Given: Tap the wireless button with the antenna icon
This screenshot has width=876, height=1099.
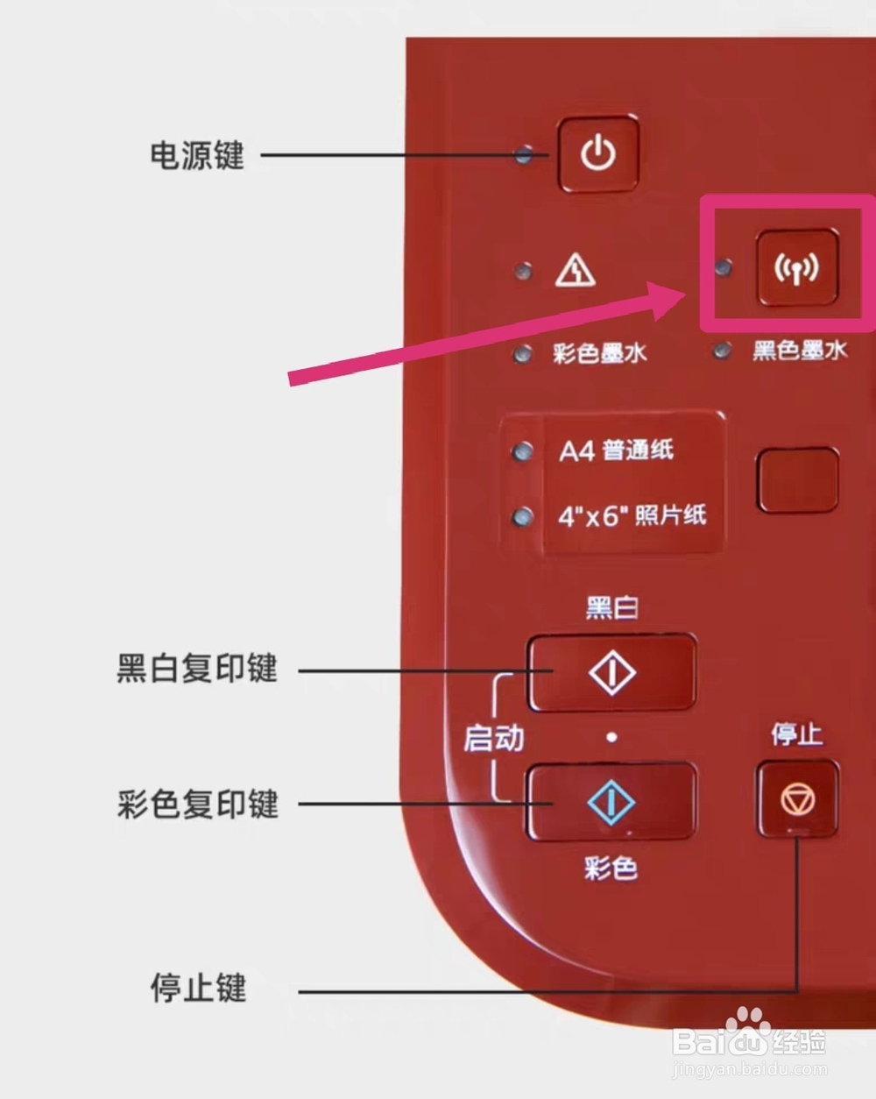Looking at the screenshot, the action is click(x=796, y=268).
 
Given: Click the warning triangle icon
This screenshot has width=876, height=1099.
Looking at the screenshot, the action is click(x=576, y=271).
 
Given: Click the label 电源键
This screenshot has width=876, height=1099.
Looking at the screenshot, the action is click(x=197, y=156).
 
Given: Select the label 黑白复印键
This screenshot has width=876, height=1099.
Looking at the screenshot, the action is click(x=197, y=669).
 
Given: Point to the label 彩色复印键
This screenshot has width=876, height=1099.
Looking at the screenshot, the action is click(x=198, y=804).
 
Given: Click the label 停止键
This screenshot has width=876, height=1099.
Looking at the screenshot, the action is click(x=198, y=989).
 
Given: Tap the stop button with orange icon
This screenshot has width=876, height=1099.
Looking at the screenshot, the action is click(x=797, y=798).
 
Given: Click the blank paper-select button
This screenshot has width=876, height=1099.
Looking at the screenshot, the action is click(x=797, y=479).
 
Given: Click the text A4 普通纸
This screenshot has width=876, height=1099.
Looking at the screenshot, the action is click(x=617, y=450).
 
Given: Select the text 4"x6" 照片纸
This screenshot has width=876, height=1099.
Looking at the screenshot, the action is click(x=632, y=514).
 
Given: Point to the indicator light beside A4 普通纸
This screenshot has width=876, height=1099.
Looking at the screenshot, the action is click(x=523, y=451).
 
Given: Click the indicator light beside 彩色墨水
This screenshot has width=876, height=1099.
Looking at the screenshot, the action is click(x=523, y=353).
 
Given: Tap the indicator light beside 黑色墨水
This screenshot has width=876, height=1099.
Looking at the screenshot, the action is click(x=723, y=351).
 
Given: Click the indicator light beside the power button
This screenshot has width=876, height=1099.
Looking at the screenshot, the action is click(x=524, y=156).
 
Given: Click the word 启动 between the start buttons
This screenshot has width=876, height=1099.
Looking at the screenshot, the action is click(x=494, y=738).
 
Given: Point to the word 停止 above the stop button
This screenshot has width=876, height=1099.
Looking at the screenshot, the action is click(x=796, y=734).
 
